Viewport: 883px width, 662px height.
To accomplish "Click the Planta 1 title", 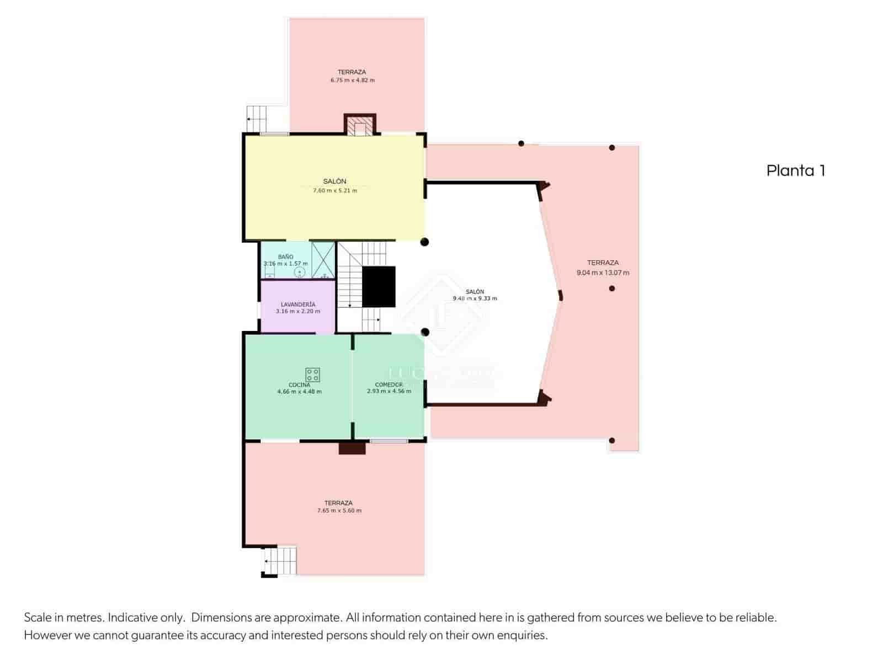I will click(795, 170).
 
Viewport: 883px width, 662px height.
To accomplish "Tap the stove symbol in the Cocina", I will click(312, 375).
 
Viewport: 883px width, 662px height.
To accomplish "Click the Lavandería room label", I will click(298, 304).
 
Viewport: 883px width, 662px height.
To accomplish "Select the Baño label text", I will click(285, 257).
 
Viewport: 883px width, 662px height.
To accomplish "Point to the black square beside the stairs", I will click(379, 287).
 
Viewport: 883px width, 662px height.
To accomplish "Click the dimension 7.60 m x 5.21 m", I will click(335, 190).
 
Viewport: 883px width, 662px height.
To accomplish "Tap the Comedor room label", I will click(389, 385).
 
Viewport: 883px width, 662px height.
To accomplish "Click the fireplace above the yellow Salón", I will click(360, 125).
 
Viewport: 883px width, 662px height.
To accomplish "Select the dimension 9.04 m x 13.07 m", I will click(603, 273).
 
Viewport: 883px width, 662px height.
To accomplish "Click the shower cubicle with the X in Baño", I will click(323, 259).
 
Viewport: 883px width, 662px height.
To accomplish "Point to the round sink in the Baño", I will click(300, 272).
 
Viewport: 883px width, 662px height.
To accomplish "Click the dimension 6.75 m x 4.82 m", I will click(352, 80).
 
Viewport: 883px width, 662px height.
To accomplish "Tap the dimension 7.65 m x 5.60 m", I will click(339, 511).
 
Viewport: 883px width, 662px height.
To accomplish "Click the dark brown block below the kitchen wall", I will click(352, 448).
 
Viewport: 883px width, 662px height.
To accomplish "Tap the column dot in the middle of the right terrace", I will click(611, 289).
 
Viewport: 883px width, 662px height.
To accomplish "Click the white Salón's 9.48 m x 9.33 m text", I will click(475, 298).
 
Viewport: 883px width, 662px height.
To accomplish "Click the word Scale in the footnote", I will click(38, 617).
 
